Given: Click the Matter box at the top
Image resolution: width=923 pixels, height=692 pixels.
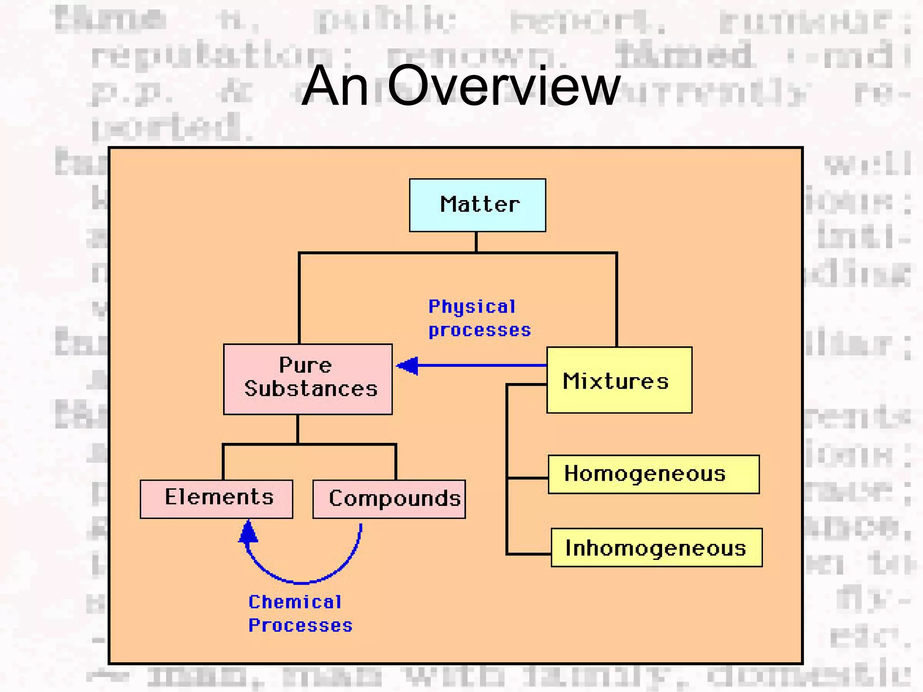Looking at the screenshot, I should [x=477, y=205].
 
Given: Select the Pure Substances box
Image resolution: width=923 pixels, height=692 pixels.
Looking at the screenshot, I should [x=308, y=379].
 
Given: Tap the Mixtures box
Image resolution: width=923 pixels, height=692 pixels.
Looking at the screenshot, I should [x=619, y=380].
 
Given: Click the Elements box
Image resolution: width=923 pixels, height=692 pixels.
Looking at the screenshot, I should [x=216, y=499].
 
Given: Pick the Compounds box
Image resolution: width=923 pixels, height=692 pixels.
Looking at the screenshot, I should [x=389, y=499].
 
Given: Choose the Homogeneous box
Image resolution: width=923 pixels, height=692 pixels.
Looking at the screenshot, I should [x=653, y=474].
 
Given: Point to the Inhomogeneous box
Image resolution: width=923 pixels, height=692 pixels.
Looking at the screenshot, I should [x=656, y=547].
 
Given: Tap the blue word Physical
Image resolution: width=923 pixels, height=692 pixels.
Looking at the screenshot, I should [x=471, y=307].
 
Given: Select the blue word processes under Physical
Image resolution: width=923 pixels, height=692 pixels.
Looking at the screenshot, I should [x=480, y=330].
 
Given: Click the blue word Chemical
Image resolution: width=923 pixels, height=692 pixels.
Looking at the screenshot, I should [x=295, y=602].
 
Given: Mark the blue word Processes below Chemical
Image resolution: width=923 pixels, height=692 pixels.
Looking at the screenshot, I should [x=300, y=625].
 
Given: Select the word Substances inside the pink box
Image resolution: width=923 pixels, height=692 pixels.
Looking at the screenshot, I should [x=311, y=389].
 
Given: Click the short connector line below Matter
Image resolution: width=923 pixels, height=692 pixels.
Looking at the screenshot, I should [x=476, y=242].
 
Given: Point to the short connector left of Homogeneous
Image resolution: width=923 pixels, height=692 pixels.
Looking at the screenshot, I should [x=527, y=478].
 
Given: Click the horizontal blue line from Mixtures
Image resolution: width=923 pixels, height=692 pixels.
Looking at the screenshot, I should [x=482, y=365].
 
